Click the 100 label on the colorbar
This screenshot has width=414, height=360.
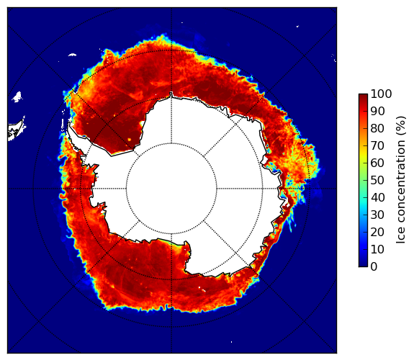[381, 94]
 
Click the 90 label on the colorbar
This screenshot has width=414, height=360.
[377, 111]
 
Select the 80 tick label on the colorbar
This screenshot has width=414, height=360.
[377, 129]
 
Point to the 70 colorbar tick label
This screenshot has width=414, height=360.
[377, 145]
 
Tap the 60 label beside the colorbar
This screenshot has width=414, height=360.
[377, 163]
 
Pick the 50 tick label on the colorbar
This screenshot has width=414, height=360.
[377, 181]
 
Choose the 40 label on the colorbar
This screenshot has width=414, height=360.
[377, 197]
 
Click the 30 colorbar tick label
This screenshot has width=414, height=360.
[377, 215]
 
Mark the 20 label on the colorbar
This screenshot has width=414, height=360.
[377, 232]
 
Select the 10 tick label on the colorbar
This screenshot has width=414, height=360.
[377, 249]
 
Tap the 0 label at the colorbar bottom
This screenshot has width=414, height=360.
[374, 267]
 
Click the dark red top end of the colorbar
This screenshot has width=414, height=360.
[363, 96]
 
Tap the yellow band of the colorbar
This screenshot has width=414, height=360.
[363, 155]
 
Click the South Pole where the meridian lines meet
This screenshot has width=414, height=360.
[171, 189]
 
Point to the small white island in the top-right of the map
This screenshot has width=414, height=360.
[297, 26]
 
